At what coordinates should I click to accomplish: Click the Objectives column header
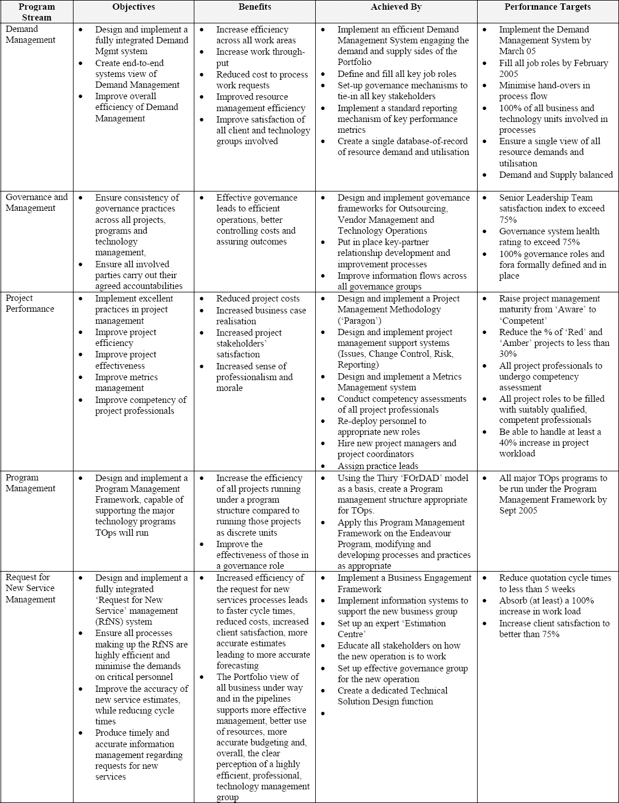(x=133, y=7)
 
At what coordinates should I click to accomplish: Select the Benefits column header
(x=255, y=7)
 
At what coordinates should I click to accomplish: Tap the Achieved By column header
(x=396, y=7)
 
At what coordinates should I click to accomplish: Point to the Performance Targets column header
(x=547, y=7)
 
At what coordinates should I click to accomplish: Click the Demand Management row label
(x=31, y=35)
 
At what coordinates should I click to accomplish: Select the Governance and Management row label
(x=36, y=203)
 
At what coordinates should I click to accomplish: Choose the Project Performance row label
(x=30, y=304)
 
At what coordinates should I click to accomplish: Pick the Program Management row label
(x=31, y=483)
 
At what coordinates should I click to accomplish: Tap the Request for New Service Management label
(x=31, y=589)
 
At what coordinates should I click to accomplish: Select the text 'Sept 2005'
(x=518, y=511)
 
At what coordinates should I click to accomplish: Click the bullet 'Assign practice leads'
(x=378, y=466)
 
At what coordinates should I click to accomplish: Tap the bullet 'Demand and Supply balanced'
(x=556, y=175)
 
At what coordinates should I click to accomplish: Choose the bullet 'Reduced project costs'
(x=258, y=299)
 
